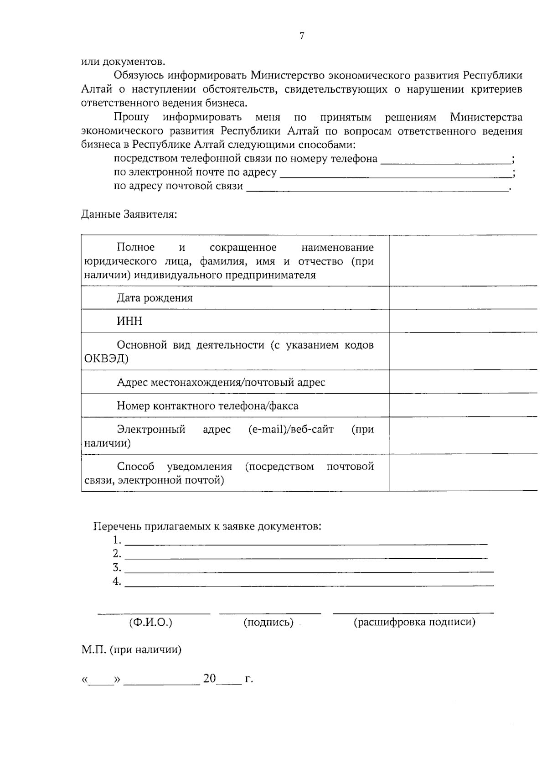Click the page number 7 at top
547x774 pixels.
[x=302, y=36]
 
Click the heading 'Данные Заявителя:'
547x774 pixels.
[x=129, y=214]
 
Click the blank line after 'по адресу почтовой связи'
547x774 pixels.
[x=377, y=187]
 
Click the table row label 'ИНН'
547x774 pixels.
[x=130, y=322]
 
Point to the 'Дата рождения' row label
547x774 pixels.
[x=155, y=298]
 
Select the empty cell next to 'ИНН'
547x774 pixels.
[x=463, y=321]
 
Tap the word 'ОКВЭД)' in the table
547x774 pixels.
[x=106, y=359]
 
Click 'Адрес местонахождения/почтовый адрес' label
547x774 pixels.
[x=221, y=382]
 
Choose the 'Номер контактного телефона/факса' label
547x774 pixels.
[x=207, y=406]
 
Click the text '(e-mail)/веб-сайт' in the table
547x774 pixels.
[x=291, y=430]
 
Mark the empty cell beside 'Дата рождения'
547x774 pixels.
[x=463, y=298]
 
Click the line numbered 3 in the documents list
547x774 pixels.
[x=309, y=568]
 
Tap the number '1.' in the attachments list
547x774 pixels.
[x=117, y=540]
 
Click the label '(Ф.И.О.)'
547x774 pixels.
[x=151, y=623]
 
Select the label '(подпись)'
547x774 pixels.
[x=268, y=623]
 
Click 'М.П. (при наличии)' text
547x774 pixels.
[x=132, y=650]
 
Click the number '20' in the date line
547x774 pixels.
[x=210, y=679]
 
